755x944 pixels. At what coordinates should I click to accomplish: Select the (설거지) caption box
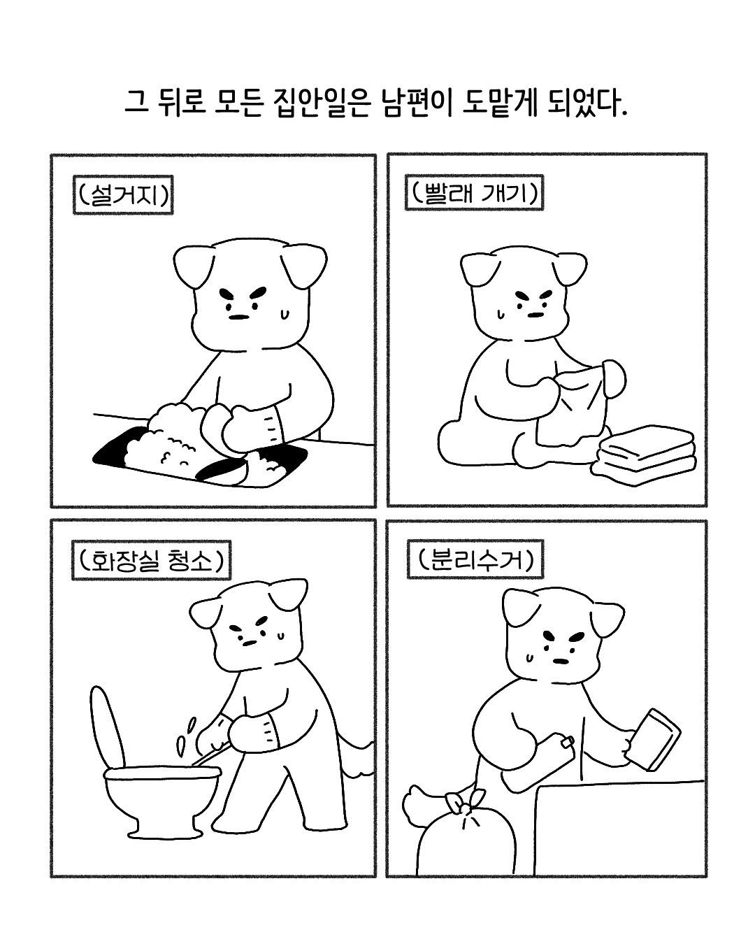(x=123, y=195)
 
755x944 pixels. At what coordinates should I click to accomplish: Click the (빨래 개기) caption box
(x=474, y=193)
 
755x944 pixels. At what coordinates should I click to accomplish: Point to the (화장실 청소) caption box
(x=152, y=560)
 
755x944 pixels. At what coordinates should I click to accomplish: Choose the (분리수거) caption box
(x=475, y=559)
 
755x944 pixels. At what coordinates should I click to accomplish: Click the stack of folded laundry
(x=644, y=456)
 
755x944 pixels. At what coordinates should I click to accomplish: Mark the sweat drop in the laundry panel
(x=500, y=313)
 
